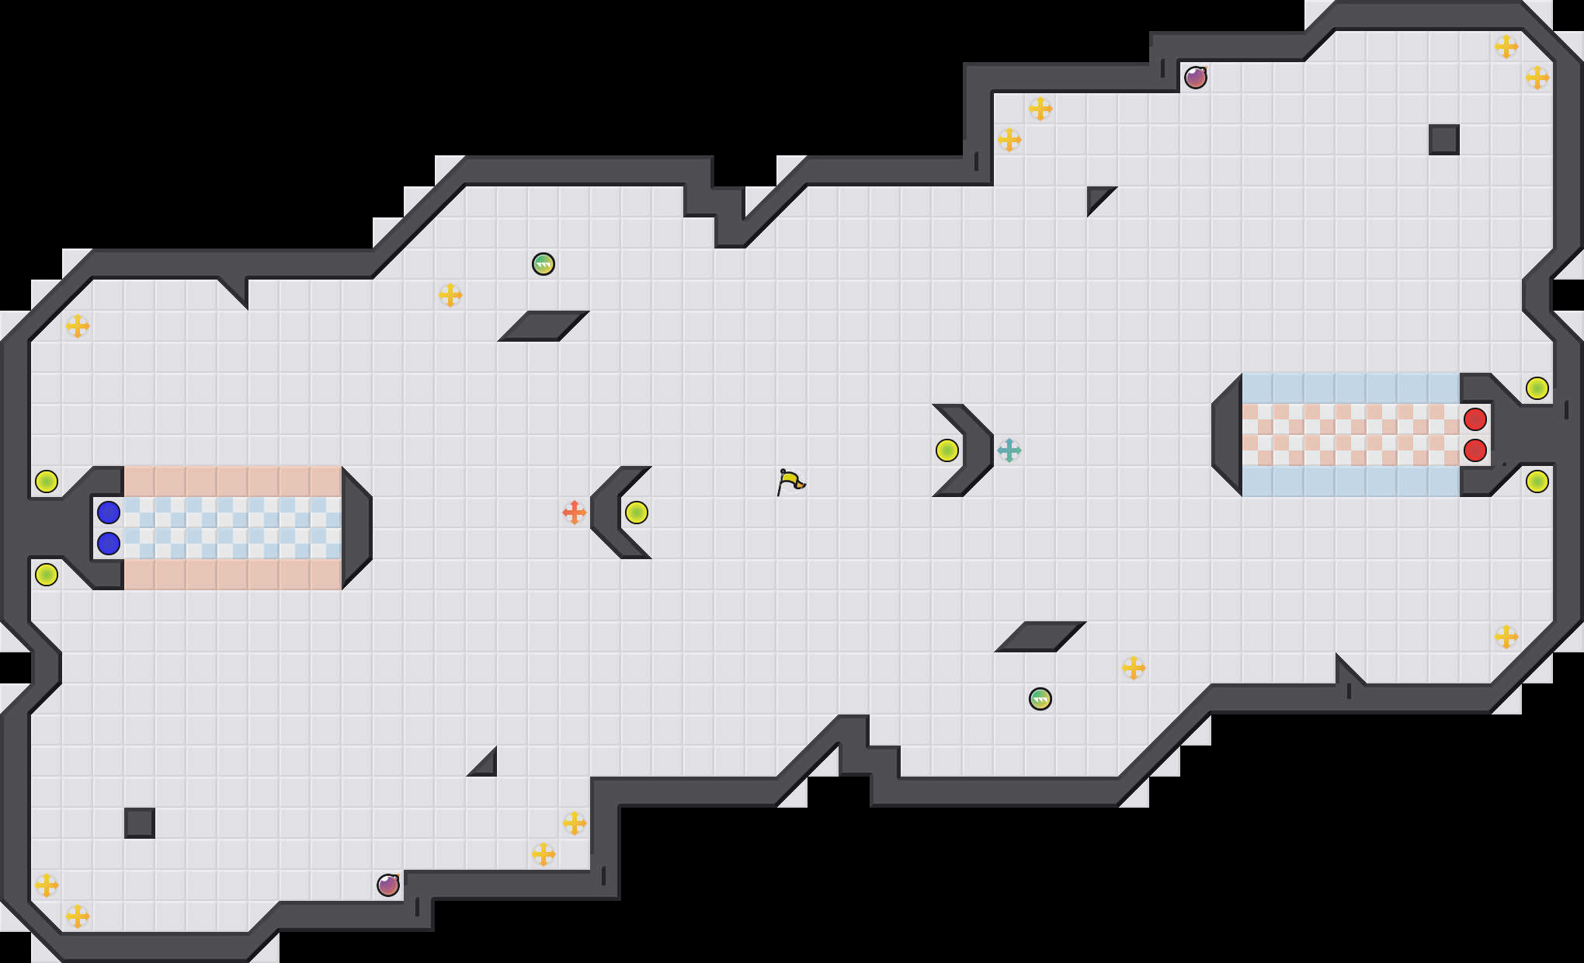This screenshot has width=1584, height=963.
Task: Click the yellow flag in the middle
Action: pos(790,481)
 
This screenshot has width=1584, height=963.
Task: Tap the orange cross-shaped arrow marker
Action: pos(574,513)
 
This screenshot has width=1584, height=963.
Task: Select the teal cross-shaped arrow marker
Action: pos(1009,450)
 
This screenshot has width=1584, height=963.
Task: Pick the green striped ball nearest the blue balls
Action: pos(544,264)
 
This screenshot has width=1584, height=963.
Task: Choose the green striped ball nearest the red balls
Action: pos(1040,699)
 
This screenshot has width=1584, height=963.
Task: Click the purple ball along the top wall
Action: pos(1196,78)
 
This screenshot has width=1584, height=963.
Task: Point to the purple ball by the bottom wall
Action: pos(388,885)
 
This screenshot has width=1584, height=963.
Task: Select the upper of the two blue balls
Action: pos(109,513)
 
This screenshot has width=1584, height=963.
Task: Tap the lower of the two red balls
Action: pos(1475,450)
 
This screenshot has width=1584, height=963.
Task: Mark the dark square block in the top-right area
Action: pos(1444,140)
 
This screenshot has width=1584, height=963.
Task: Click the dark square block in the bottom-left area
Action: pos(140,823)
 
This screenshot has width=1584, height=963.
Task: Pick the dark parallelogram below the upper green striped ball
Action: pos(544,326)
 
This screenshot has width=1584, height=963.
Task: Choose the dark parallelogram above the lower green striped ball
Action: pos(1040,637)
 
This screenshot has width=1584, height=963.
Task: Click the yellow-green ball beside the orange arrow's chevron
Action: pos(637,513)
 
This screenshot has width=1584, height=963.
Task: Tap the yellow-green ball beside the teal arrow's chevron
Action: pos(947,450)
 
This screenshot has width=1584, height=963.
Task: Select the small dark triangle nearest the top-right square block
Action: pos(1096,196)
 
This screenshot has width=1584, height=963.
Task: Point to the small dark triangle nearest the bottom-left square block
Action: pos(487,767)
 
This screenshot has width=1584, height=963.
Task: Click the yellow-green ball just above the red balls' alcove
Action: pos(1537,388)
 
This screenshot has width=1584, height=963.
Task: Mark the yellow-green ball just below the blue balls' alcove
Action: pos(47,575)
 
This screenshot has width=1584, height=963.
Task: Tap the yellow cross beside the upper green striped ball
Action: pos(450,295)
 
